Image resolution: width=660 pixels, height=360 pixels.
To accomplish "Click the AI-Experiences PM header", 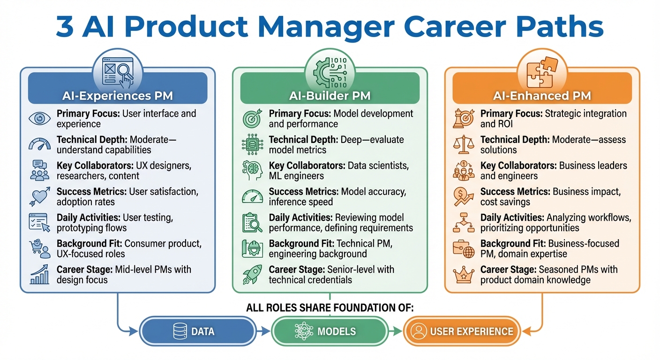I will click(117, 96).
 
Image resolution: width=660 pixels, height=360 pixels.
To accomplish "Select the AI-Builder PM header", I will click(330, 96).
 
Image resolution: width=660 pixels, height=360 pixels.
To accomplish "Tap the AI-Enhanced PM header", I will click(542, 96).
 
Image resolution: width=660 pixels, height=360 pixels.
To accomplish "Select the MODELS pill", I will click(330, 331).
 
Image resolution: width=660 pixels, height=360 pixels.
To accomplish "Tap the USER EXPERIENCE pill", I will click(462, 331).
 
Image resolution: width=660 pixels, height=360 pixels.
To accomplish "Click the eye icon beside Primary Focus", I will click(39, 119).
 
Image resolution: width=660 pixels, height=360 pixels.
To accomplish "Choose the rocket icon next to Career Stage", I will click(252, 275).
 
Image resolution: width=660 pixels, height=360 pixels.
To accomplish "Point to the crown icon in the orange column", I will click(464, 275).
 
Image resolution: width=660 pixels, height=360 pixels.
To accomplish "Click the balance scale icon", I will click(464, 144).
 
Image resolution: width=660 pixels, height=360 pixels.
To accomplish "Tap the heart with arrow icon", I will click(39, 197).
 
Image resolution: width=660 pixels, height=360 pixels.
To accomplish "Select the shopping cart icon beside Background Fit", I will click(39, 248).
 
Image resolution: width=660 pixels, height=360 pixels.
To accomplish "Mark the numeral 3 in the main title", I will click(65, 27).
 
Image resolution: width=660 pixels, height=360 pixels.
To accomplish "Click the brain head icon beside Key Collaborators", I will click(252, 171).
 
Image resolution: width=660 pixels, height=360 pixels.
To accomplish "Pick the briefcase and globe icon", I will click(464, 249).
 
